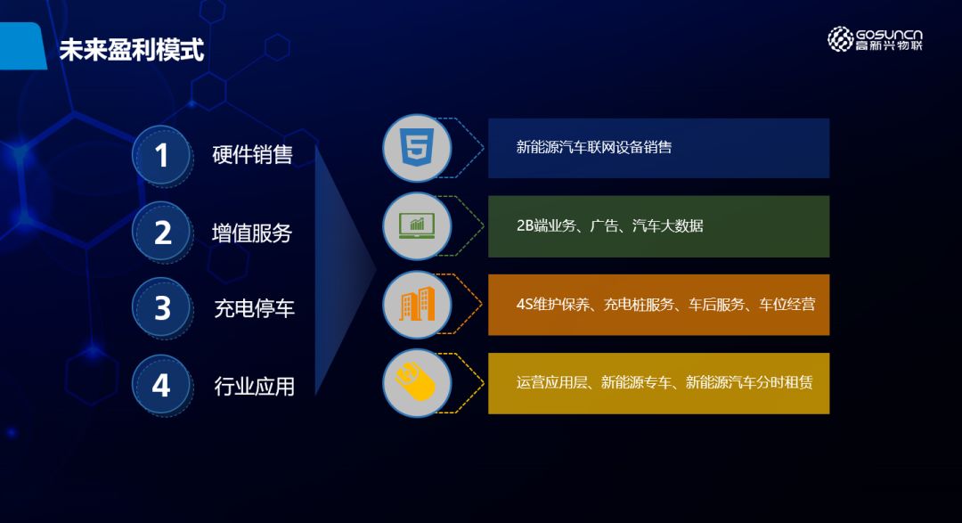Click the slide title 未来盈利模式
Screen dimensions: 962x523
pos(131,50)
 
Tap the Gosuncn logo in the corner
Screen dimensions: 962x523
pos(875,38)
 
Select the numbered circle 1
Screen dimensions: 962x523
pos(161,155)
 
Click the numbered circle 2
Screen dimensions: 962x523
pos(161,232)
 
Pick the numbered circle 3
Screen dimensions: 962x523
pos(161,307)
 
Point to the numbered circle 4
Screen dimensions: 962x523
pos(161,385)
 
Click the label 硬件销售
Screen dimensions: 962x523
pos(252,155)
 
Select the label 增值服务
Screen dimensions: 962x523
pos(252,233)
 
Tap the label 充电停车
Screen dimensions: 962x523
pos(254,308)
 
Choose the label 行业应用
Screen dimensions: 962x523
pos(254,386)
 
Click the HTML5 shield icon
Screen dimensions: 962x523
pos(417,147)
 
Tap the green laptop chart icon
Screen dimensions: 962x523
pos(417,225)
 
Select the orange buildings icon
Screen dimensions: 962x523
pos(417,304)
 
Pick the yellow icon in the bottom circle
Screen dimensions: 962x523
pos(415,381)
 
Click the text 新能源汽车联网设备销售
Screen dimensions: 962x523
pos(594,147)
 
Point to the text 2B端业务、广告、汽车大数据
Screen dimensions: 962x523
pos(610,226)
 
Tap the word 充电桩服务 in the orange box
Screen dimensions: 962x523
pos(639,305)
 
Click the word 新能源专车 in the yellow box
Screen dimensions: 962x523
pos(636,382)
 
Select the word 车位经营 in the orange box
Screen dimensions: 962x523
pos(787,305)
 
